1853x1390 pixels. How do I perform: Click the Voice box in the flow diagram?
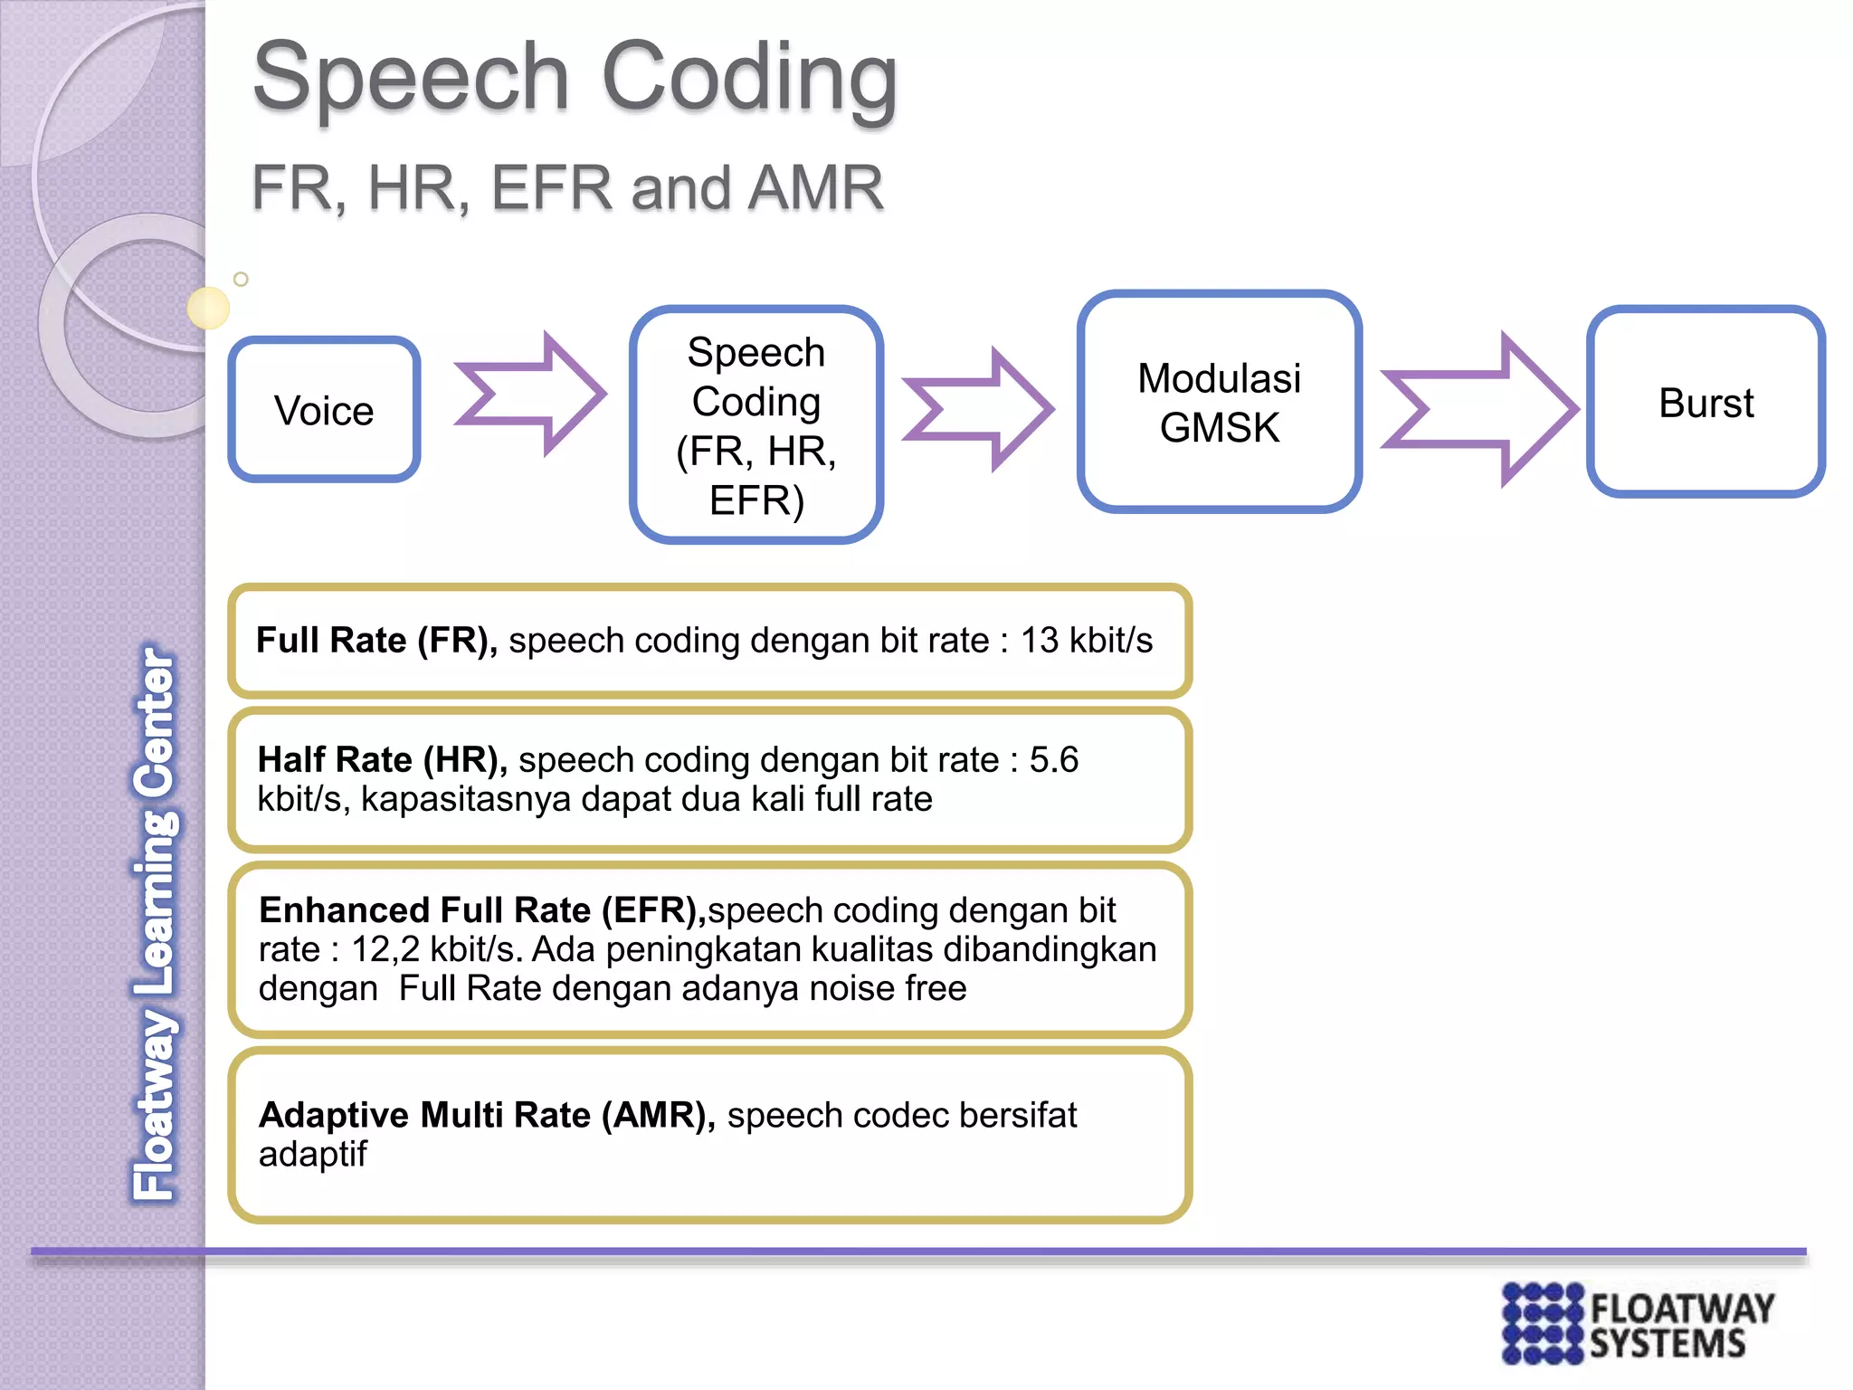(x=324, y=410)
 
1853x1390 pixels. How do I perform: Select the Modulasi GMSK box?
(x=1219, y=403)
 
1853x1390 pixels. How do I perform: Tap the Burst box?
(x=1706, y=403)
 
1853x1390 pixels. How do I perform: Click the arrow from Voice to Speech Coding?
(x=530, y=394)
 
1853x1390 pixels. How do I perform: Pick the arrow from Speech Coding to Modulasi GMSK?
(x=979, y=409)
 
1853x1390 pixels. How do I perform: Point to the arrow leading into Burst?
(x=1480, y=409)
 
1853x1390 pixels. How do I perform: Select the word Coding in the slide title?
(x=749, y=79)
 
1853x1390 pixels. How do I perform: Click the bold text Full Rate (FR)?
(x=376, y=641)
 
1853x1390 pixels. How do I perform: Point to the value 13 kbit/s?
(x=1087, y=641)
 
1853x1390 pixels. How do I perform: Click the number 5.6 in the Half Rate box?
(x=1054, y=760)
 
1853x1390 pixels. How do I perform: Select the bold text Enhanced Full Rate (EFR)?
(x=482, y=910)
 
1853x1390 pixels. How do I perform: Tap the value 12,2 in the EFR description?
(x=385, y=949)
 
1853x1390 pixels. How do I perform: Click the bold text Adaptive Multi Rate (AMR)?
(x=487, y=1116)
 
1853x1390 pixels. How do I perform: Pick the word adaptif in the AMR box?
(x=313, y=1155)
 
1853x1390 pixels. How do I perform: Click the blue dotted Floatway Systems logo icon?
(x=1543, y=1323)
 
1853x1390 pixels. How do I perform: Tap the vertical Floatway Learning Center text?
(x=155, y=923)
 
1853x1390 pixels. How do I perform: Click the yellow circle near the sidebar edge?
(x=208, y=308)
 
